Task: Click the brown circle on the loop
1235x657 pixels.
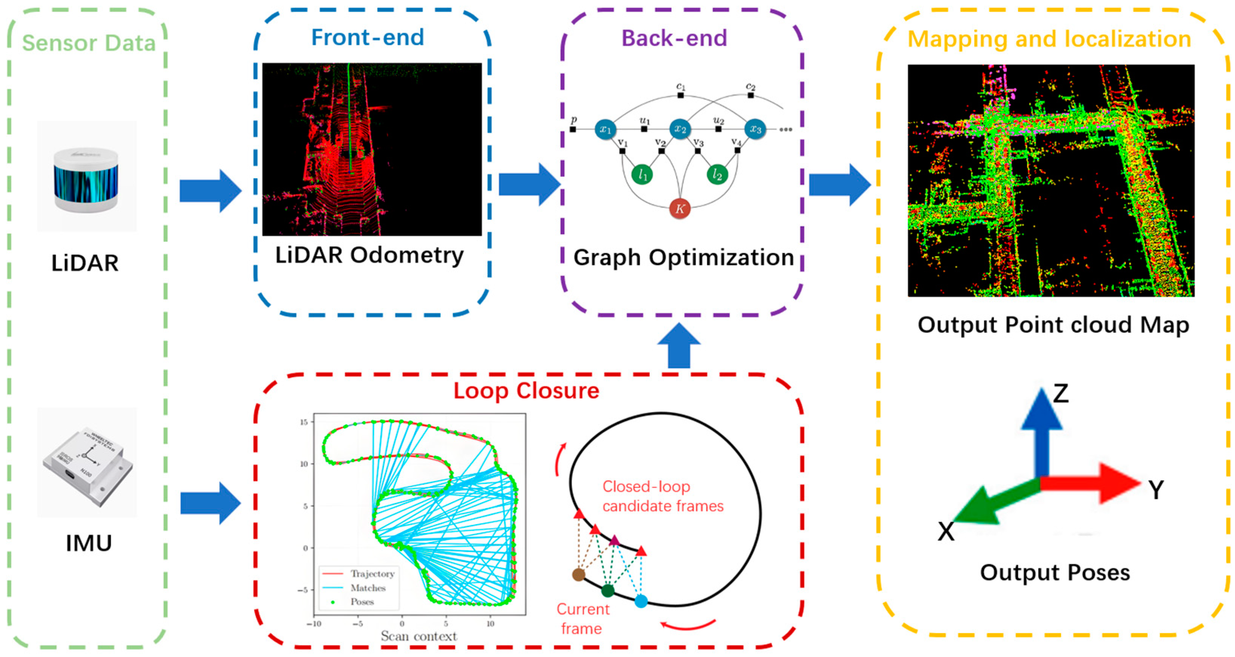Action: coord(579,575)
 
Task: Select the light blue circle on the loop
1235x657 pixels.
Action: coord(641,601)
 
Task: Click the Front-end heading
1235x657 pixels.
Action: coord(368,37)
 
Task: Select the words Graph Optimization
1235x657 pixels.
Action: coord(683,258)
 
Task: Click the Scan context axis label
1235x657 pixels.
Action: coord(418,636)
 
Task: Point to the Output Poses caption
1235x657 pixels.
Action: coord(1055,572)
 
